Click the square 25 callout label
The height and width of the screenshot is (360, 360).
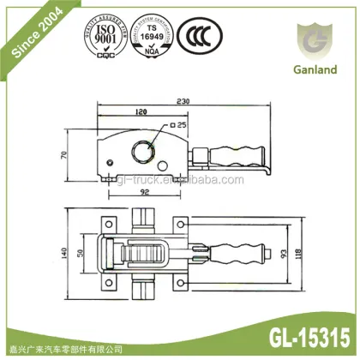[x=179, y=125]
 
